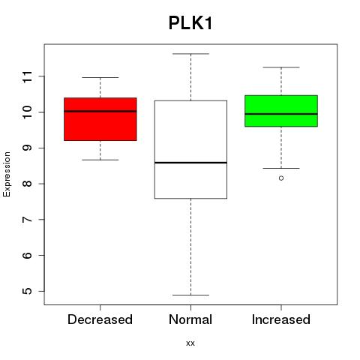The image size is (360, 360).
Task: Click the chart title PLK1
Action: [190, 23]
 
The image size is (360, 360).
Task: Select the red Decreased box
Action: [100, 119]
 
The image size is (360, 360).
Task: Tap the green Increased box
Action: [281, 111]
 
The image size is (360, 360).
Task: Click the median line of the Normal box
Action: [190, 163]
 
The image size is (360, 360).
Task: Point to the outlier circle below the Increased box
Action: [281, 178]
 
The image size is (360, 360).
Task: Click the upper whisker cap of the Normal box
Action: [190, 54]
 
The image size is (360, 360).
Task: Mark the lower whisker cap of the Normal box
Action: [190, 295]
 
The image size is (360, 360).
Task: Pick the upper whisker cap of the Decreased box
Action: [100, 77]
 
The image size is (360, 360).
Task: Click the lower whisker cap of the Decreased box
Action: [100, 160]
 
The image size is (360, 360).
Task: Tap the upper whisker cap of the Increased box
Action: [281, 67]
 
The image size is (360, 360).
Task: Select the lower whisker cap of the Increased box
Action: [281, 168]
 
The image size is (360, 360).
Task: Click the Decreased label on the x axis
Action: [100, 319]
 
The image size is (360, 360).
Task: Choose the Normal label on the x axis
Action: [190, 319]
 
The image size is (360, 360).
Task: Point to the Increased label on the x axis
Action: [281, 319]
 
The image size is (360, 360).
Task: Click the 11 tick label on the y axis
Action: [27, 76]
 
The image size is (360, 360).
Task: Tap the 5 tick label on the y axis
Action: [27, 291]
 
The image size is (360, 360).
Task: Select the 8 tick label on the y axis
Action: [27, 184]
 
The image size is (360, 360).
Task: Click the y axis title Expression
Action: [7, 174]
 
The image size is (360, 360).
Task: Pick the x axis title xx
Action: [190, 343]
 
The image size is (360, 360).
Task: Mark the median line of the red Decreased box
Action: [100, 111]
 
